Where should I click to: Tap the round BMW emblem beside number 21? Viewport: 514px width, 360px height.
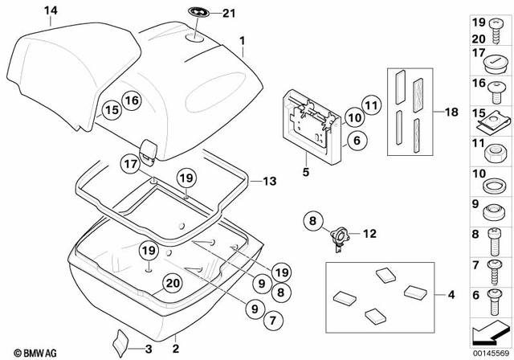[x=197, y=12]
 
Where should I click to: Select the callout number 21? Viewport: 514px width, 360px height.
[x=229, y=12]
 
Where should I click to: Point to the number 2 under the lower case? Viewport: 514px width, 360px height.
[x=175, y=348]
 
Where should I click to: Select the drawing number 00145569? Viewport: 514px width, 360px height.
[x=489, y=351]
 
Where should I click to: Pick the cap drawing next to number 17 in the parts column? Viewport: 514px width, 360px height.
[x=491, y=61]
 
